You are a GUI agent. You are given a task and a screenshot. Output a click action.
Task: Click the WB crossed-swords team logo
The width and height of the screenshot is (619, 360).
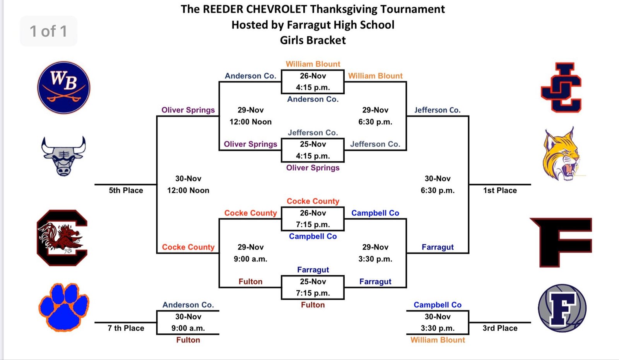pos(63,87)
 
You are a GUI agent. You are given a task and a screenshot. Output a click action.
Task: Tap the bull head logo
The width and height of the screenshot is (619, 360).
pos(63,156)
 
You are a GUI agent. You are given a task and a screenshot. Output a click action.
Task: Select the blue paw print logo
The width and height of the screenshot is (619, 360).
pos(64,307)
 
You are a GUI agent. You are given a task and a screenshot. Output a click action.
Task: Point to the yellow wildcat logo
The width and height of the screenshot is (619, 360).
pos(561,154)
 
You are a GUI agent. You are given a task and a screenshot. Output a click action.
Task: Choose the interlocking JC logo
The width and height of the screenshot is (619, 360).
pos(561,87)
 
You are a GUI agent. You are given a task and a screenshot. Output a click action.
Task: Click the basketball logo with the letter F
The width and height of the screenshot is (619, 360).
pos(562,308)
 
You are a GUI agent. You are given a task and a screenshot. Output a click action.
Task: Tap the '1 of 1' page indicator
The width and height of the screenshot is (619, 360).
pos(48,31)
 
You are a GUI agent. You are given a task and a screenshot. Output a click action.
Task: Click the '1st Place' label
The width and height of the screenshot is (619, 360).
pos(500,190)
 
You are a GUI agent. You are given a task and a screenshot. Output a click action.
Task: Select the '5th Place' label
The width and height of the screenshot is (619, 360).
pos(126,190)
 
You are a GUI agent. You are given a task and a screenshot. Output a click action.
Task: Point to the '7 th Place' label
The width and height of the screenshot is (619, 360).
pos(126,328)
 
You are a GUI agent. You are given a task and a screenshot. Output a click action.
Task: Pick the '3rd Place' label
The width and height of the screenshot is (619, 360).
pos(500,328)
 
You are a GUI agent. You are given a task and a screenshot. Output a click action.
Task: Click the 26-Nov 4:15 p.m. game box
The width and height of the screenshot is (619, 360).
pos(313,82)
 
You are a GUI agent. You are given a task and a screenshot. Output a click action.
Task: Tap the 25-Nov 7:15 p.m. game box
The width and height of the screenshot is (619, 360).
pos(313,287)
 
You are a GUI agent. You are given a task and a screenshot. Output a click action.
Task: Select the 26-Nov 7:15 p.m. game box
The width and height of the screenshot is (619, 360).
pos(313,218)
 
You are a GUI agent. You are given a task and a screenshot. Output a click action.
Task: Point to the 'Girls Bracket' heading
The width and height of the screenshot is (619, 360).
pos(313,40)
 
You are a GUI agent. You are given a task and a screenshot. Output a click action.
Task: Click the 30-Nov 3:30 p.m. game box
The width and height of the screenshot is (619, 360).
pos(438,322)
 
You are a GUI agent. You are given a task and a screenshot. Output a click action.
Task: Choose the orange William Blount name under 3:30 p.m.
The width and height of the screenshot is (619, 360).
pos(438,340)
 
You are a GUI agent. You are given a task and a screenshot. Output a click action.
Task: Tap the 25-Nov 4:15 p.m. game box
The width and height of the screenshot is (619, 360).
pos(313,150)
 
